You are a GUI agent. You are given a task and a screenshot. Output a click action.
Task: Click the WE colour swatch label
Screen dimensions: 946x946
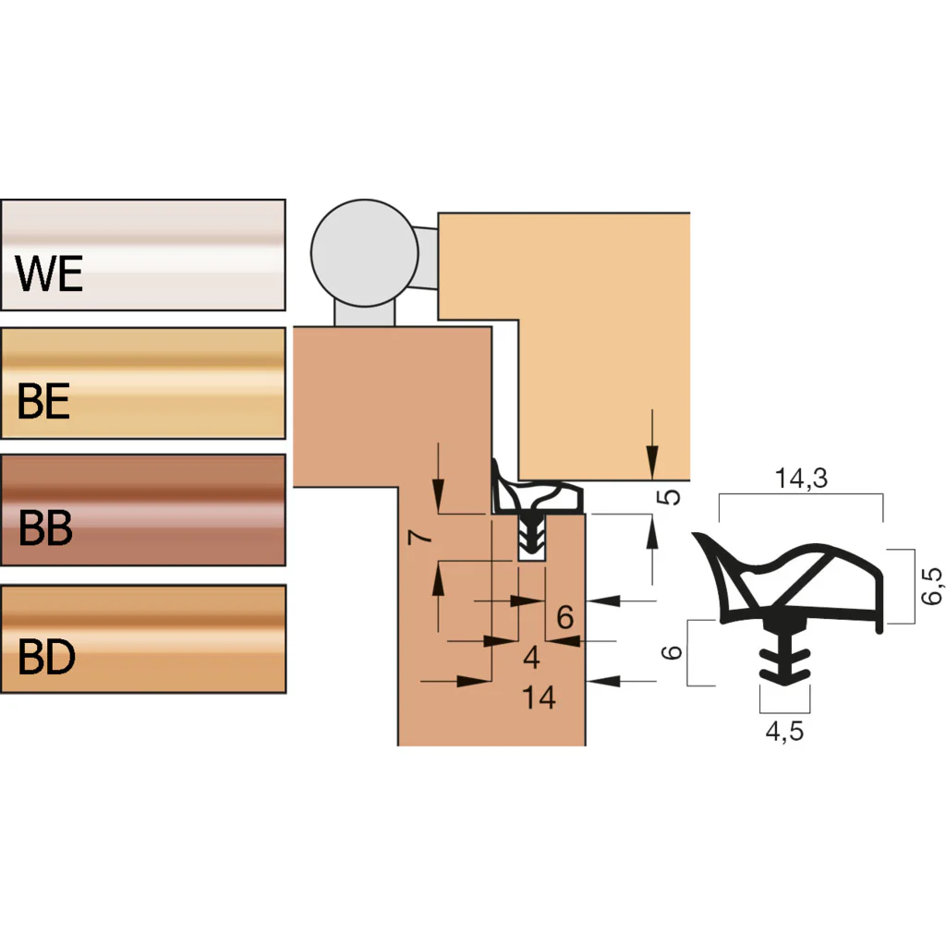click(49, 273)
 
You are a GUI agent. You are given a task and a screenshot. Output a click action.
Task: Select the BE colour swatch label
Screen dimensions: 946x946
click(43, 401)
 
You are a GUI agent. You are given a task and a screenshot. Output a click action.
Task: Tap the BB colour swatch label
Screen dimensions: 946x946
click(45, 528)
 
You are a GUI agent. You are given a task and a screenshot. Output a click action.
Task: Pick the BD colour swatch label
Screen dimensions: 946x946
click(46, 657)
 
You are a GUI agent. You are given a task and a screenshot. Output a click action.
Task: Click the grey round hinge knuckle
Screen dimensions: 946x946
click(364, 253)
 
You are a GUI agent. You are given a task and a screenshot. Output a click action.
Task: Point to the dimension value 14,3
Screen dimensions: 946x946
click(801, 478)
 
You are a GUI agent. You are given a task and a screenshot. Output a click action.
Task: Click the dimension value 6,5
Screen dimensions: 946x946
click(931, 586)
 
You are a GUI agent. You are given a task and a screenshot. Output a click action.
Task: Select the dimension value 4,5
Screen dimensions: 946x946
click(784, 732)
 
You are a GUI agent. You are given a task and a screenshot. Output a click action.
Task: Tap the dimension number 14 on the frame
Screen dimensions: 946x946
click(539, 697)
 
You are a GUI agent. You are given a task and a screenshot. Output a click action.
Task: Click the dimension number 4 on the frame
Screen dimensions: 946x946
click(531, 657)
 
